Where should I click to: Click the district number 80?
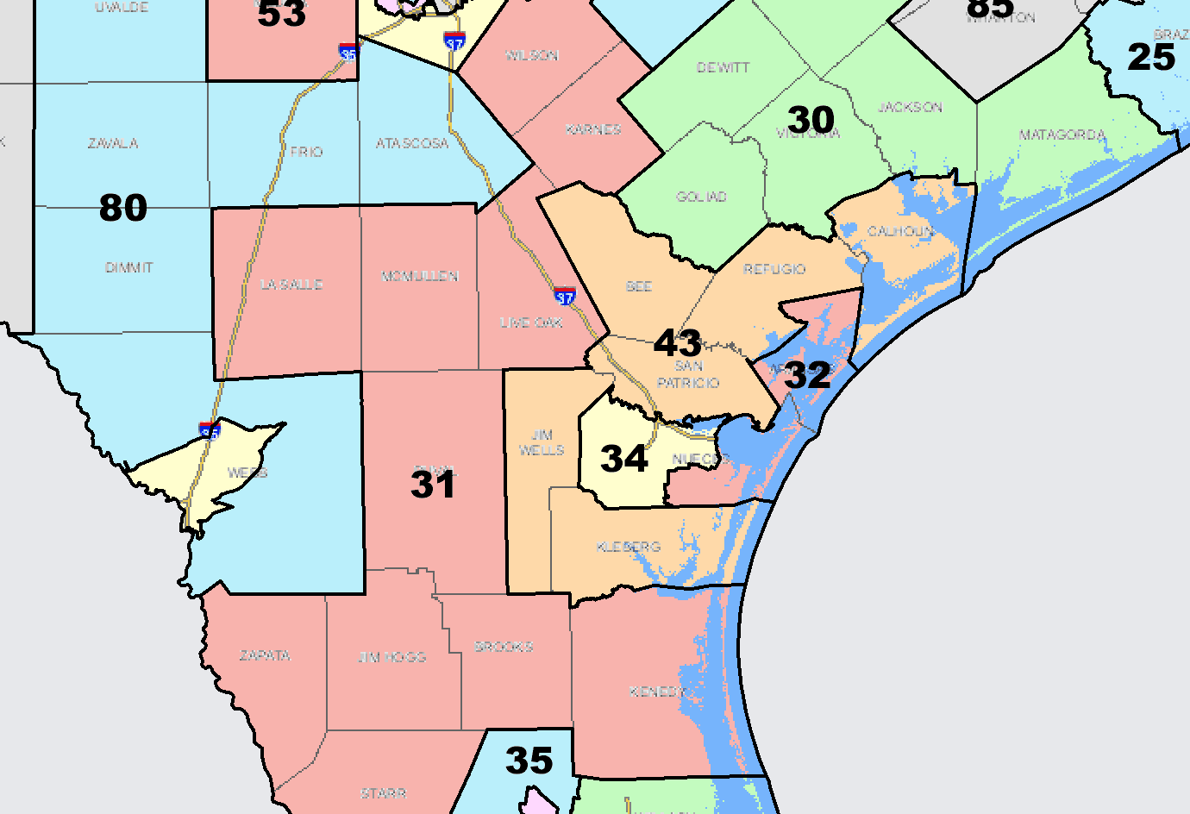[123, 208]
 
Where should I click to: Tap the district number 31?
[433, 485]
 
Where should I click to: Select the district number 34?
[624, 459]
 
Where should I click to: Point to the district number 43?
[678, 343]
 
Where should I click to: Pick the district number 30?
[811, 120]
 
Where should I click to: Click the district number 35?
[529, 761]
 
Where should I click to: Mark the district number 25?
[1151, 58]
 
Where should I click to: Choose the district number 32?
[808, 375]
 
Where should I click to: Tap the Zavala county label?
[113, 143]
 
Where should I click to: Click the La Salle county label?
[291, 284]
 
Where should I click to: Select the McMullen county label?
[420, 276]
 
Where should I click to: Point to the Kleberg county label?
[629, 547]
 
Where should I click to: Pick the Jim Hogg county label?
[392, 657]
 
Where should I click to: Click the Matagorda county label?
[1062, 135]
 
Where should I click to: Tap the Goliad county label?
[701, 197]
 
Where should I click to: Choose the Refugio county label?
[774, 269]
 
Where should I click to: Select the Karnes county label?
[593, 129]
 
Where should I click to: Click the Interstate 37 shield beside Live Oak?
[565, 297]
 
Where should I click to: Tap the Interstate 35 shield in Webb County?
[210, 429]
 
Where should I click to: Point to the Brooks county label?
[504, 647]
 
